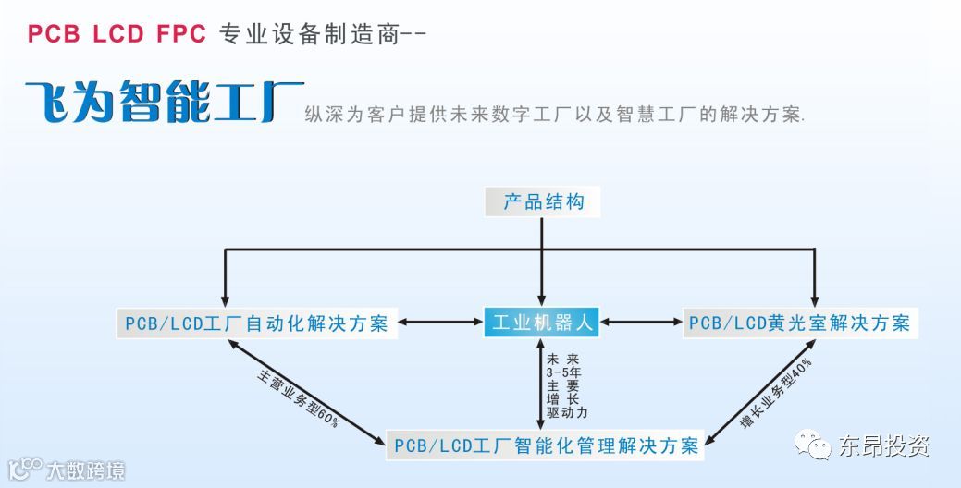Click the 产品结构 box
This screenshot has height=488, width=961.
[543, 202]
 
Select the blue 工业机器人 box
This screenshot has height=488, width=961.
[542, 323]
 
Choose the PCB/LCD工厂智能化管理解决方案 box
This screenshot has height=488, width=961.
[546, 445]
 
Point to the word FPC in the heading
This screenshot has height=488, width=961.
[179, 34]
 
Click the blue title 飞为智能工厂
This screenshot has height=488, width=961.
[163, 103]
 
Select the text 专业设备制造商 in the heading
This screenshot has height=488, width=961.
[310, 34]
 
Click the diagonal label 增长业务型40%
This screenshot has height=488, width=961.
[776, 393]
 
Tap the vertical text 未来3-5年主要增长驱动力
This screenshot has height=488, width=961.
[567, 385]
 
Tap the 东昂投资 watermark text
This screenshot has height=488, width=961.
[883, 446]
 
